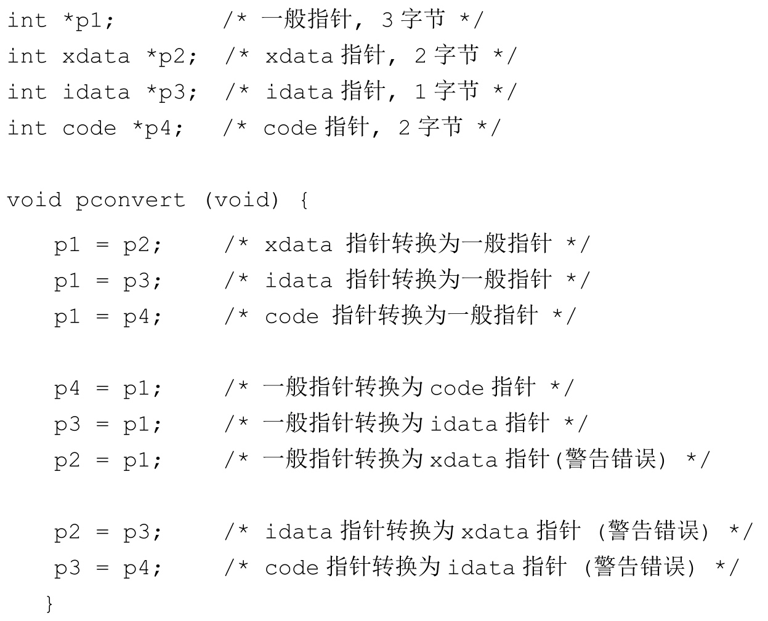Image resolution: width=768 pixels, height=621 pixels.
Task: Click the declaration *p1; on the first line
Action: click(x=89, y=20)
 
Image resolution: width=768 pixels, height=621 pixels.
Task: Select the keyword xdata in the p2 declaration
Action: click(x=96, y=56)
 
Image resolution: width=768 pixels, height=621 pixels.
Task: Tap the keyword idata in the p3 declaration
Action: click(x=96, y=92)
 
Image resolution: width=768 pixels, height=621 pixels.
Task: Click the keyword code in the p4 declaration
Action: click(x=89, y=128)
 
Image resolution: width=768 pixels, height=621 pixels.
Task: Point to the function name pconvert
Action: click(x=130, y=200)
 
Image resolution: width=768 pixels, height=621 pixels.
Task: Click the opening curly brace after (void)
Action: click(x=304, y=200)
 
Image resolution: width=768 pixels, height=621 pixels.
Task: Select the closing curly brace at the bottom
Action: click(x=50, y=604)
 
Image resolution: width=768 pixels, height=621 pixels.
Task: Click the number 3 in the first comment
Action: click(x=387, y=20)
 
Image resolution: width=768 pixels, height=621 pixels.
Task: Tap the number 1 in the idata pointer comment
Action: click(x=420, y=92)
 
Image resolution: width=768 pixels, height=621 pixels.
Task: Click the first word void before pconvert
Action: click(x=34, y=200)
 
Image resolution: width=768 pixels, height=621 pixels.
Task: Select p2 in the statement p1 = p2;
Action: click(x=137, y=245)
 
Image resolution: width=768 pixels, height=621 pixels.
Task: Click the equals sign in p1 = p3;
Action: click(x=102, y=281)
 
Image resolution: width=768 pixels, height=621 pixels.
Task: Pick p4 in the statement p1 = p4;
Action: click(x=137, y=317)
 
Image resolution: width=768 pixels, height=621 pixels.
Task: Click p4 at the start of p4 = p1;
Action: click(x=67, y=389)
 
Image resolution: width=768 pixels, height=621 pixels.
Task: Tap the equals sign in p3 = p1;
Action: click(x=102, y=425)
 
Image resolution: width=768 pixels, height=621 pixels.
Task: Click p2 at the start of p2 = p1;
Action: click(x=67, y=460)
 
